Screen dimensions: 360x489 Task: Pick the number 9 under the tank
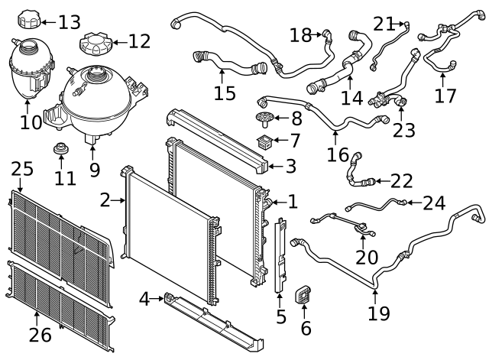[x=95, y=169]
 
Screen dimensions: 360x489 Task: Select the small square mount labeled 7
[x=267, y=140]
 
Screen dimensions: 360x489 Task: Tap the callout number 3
[x=293, y=165]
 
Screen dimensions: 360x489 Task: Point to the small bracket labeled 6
[x=303, y=294]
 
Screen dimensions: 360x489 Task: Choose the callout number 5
[x=281, y=314]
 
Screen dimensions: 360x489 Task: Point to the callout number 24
[x=434, y=203]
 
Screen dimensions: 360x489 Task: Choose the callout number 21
[x=384, y=24]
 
